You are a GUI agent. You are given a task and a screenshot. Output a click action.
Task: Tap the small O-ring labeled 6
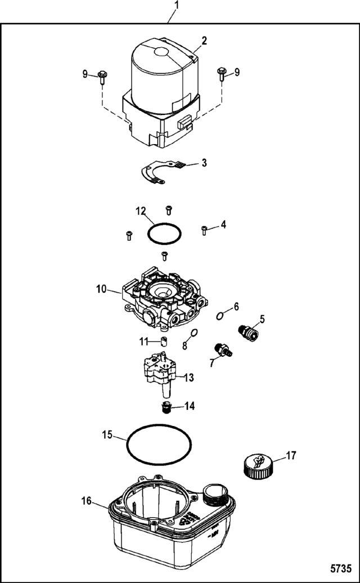pos(220,316)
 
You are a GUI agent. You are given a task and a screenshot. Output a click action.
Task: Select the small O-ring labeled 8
pos(193,331)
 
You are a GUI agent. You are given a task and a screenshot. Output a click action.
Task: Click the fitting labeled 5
pos(247,333)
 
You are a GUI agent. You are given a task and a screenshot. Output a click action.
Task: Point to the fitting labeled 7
pos(224,350)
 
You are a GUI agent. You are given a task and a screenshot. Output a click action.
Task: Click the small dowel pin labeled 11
pos(164,340)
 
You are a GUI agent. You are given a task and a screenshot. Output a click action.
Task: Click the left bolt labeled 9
pos(102,77)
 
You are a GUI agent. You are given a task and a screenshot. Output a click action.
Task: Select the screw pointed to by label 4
pos(204,231)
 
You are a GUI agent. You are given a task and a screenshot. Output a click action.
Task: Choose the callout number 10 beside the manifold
pos(101,289)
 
